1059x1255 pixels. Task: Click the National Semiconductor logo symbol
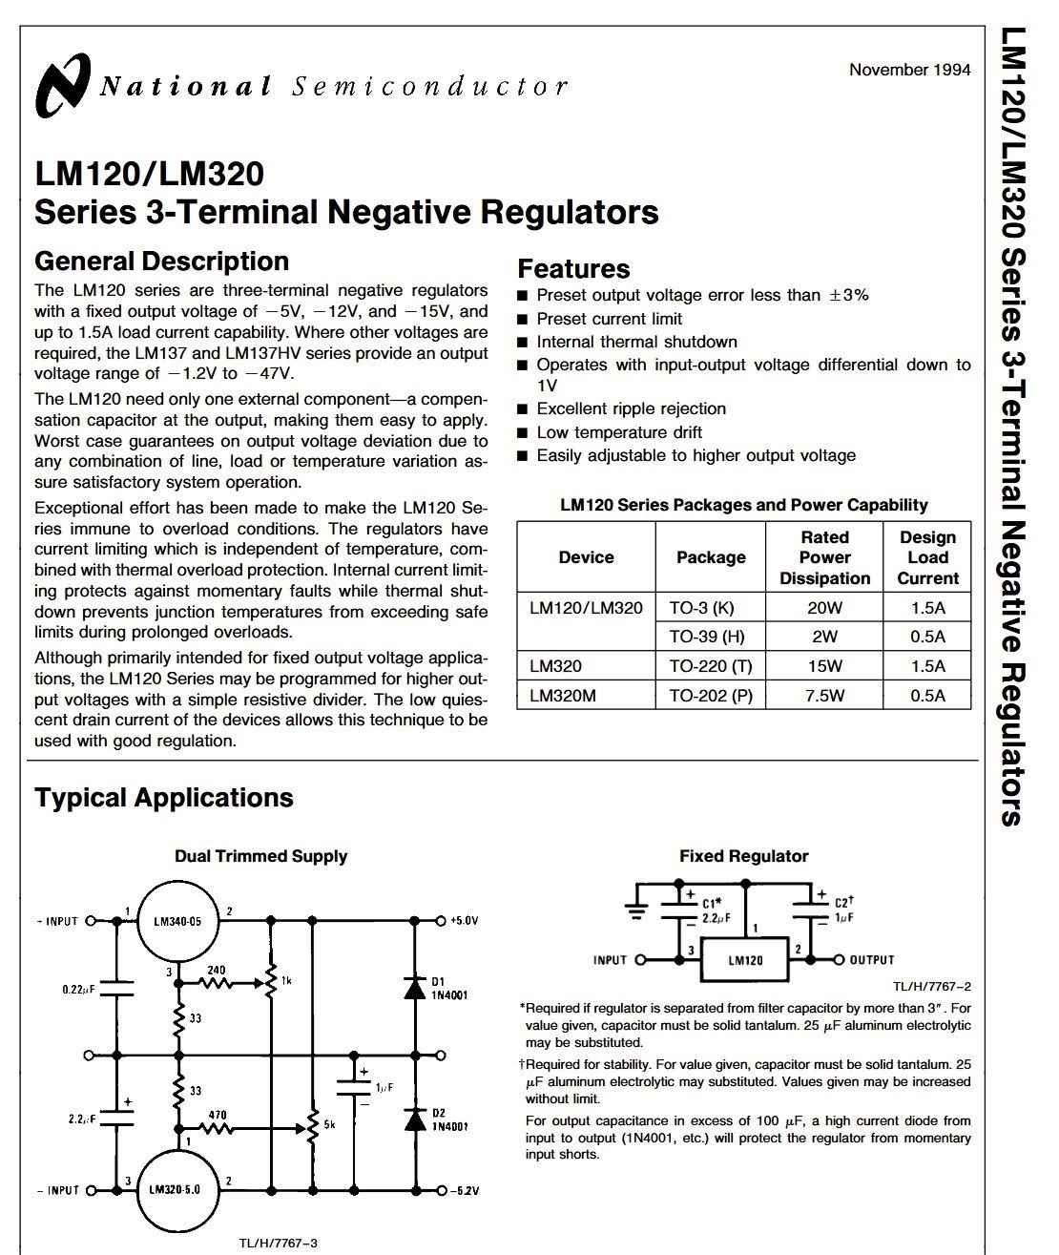pyautogui.click(x=64, y=86)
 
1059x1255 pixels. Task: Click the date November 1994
pyautogui.click(x=909, y=70)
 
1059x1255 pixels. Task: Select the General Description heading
pyautogui.click(x=161, y=261)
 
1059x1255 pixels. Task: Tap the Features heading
pyautogui.click(x=573, y=269)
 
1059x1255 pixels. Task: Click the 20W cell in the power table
pyautogui.click(x=824, y=608)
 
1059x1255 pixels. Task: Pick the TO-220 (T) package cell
pyautogui.click(x=711, y=666)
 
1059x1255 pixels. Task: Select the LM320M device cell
pyautogui.click(x=563, y=696)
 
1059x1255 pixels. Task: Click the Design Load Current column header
pyautogui.click(x=927, y=558)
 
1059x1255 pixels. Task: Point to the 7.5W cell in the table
pyautogui.click(x=824, y=696)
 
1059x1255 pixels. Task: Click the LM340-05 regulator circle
pyautogui.click(x=178, y=922)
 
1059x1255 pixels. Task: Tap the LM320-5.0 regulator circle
pyautogui.click(x=178, y=1190)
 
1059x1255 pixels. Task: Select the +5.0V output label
pyautogui.click(x=464, y=921)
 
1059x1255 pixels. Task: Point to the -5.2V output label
pyautogui.click(x=464, y=1190)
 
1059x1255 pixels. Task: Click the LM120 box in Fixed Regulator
pyautogui.click(x=745, y=960)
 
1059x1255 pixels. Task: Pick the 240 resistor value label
pyautogui.click(x=217, y=970)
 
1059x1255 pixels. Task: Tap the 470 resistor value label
pyautogui.click(x=217, y=1115)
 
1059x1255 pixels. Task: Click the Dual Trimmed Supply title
pyautogui.click(x=260, y=856)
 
